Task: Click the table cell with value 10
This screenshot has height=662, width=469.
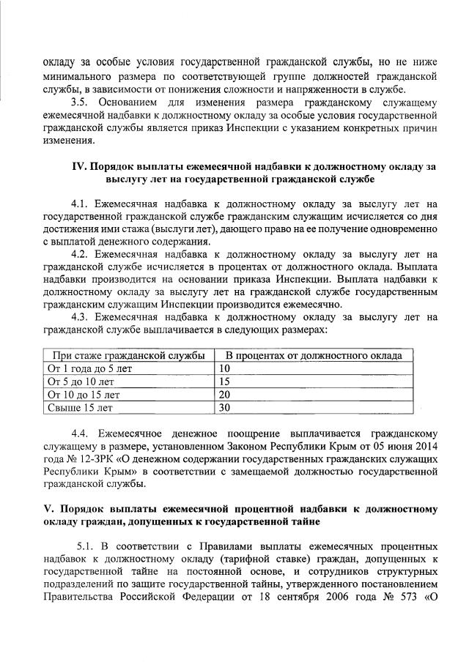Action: [x=225, y=368]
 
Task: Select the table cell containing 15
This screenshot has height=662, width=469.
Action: [x=225, y=382]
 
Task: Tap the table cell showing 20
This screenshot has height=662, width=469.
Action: [x=225, y=395]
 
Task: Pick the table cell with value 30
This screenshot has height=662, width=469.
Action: [x=225, y=408]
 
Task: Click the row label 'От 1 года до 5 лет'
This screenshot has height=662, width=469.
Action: [x=89, y=368]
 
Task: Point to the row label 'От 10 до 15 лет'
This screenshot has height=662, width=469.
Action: [x=81, y=395]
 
